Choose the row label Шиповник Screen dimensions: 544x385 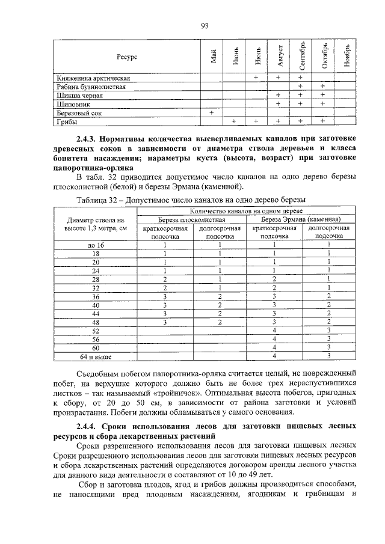click(73, 103)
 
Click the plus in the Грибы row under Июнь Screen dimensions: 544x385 click(233, 121)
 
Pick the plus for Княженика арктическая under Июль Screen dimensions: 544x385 click(256, 78)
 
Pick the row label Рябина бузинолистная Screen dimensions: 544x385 click(91, 87)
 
